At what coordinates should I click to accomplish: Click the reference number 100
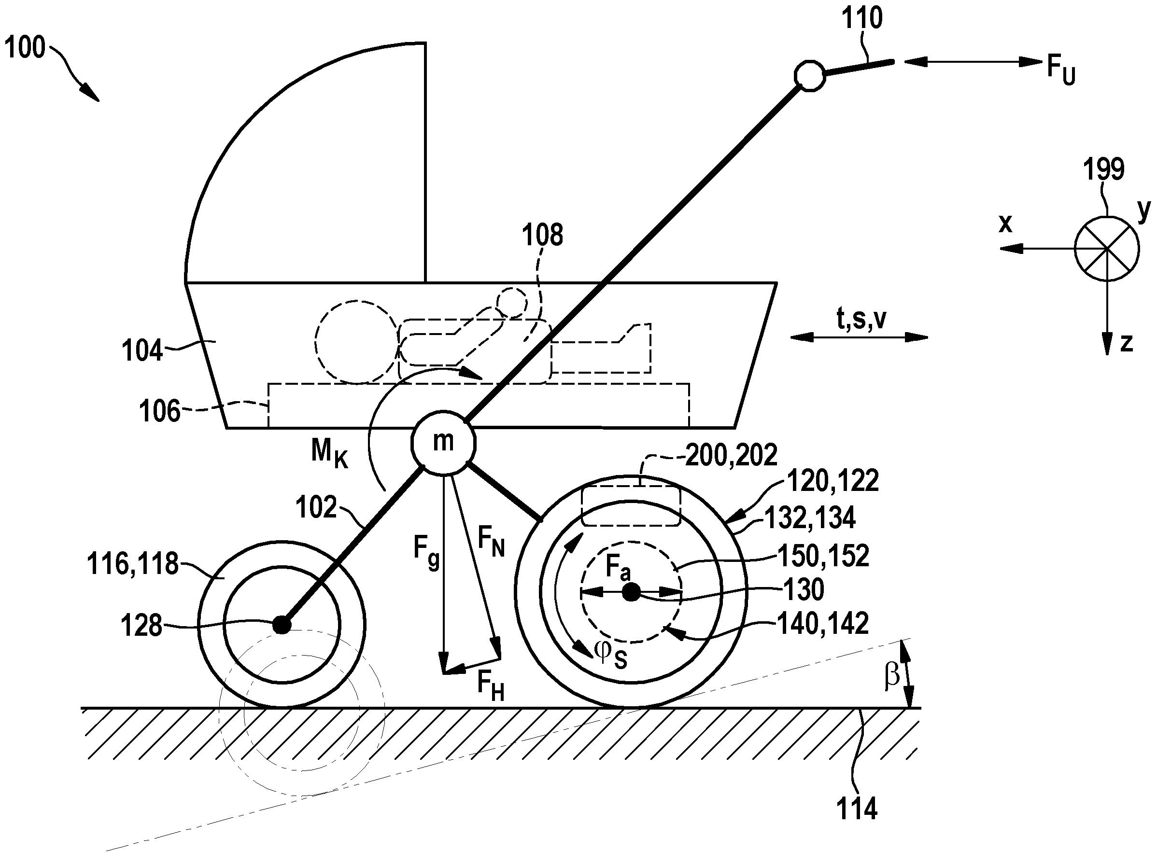[x=25, y=47]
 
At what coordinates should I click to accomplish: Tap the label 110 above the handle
[x=861, y=19]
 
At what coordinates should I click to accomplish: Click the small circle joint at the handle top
[x=810, y=76]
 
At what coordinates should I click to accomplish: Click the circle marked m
[x=443, y=443]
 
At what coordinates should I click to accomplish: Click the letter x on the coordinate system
[x=1006, y=224]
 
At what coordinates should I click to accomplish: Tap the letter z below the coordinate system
[x=1127, y=343]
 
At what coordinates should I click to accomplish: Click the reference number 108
[x=542, y=236]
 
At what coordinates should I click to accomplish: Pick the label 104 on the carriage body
[x=142, y=351]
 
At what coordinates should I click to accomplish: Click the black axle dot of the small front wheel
[x=282, y=625]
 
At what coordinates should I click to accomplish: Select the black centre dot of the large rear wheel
[x=630, y=592]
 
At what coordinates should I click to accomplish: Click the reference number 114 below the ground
[x=857, y=809]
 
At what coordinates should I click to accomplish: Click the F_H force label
[x=490, y=685]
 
